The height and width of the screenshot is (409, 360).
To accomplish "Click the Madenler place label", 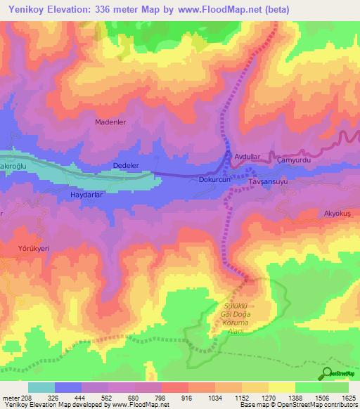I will point(110,122).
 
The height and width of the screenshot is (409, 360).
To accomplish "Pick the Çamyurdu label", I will point(295,160).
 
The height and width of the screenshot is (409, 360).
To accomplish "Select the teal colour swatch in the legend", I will point(41,387).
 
